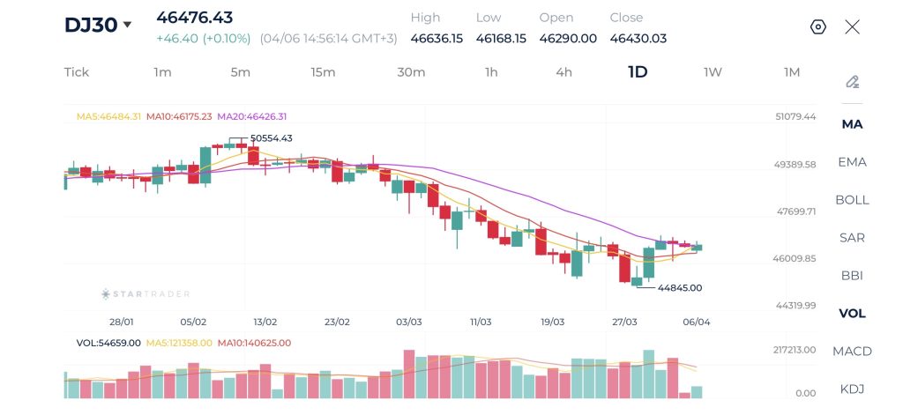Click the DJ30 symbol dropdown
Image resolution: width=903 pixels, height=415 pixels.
[x=98, y=25]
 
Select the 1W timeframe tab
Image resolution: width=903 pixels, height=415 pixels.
[x=713, y=72]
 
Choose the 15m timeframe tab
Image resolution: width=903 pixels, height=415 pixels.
[x=323, y=72]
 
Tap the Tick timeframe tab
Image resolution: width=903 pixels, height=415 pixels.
[x=77, y=72]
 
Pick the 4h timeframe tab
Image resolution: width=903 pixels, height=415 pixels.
[x=563, y=72]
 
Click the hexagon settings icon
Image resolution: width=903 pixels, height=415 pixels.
[x=817, y=27]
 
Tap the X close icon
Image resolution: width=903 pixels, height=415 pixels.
[x=853, y=27]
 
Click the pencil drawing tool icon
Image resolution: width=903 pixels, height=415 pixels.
[x=853, y=82]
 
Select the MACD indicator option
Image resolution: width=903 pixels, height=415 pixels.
[x=853, y=351]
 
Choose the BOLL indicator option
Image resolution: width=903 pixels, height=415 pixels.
[x=853, y=200]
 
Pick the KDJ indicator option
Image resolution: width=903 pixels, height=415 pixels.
[x=853, y=389]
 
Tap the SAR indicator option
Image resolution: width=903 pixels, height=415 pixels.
[x=853, y=238]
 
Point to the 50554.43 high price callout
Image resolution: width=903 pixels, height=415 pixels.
[x=271, y=138]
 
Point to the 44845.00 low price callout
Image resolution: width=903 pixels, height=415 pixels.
[x=680, y=288]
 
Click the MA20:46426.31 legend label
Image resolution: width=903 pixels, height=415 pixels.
[x=251, y=116]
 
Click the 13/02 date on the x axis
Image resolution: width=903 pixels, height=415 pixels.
[x=265, y=322]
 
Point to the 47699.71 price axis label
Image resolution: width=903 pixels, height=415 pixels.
[x=796, y=211]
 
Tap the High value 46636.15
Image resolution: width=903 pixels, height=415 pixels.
[x=437, y=39]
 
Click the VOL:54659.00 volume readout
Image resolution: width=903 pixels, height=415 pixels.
[x=108, y=343]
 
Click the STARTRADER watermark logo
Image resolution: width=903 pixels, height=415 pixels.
[x=146, y=294]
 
